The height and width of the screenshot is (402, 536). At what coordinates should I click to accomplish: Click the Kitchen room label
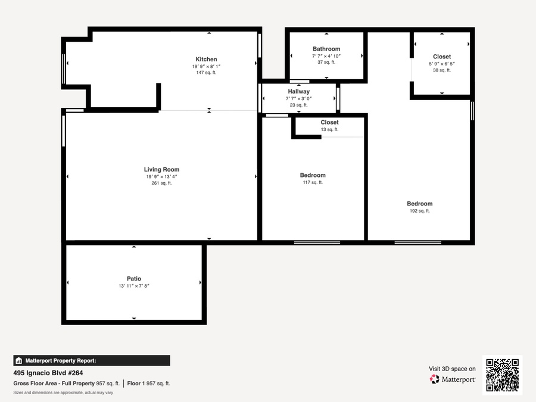click(206, 59)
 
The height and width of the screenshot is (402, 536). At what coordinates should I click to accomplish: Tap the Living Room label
click(161, 169)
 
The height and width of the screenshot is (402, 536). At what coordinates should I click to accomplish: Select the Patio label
click(134, 279)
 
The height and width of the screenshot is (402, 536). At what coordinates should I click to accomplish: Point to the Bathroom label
click(326, 49)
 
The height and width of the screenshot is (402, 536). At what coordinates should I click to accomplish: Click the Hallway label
click(299, 91)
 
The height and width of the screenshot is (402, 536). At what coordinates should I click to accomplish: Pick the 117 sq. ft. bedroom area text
click(313, 182)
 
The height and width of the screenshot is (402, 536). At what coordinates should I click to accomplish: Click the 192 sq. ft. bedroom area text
click(420, 211)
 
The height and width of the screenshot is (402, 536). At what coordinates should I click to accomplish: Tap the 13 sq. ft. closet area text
click(329, 129)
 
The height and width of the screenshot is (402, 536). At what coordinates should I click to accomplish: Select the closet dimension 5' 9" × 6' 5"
click(442, 64)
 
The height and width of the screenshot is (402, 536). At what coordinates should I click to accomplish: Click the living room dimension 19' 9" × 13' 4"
click(161, 176)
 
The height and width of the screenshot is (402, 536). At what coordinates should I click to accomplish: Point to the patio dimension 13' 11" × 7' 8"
click(134, 286)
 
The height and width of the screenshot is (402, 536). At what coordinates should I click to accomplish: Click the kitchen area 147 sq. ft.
click(206, 73)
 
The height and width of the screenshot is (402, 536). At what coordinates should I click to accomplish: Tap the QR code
click(502, 375)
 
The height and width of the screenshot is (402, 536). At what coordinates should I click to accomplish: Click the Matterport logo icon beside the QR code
click(435, 379)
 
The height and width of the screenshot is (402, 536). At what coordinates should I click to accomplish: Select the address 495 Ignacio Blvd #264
click(48, 373)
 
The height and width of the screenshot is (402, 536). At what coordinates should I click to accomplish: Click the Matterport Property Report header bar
click(92, 361)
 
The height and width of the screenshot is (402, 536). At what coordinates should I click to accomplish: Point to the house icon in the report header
click(19, 361)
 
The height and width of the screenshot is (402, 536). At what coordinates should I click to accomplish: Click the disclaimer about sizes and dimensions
click(63, 392)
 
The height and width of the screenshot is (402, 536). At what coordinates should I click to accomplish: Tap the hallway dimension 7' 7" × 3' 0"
click(299, 98)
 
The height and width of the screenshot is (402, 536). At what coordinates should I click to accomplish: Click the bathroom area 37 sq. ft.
click(326, 62)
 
